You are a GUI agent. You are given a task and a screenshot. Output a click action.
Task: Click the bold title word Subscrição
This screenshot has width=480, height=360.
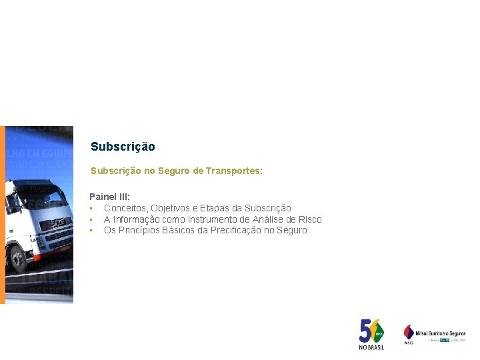pyautogui.click(x=123, y=147)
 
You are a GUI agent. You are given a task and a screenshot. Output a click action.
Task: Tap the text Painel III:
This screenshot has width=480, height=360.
pyautogui.click(x=110, y=197)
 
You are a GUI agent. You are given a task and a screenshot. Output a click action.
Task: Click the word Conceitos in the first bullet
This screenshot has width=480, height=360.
pyautogui.click(x=125, y=209)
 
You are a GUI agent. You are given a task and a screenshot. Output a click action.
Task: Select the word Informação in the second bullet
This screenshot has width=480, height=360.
pyautogui.click(x=136, y=219)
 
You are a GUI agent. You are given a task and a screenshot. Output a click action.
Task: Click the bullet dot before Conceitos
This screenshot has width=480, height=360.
pyautogui.click(x=91, y=209)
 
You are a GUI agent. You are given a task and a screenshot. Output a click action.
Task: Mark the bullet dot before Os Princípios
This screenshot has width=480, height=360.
pyautogui.click(x=91, y=230)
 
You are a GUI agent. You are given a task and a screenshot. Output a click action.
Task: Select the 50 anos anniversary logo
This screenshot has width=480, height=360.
pyautogui.click(x=371, y=331)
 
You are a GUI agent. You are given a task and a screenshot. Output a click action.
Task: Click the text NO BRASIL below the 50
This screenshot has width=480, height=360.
pyautogui.click(x=371, y=347)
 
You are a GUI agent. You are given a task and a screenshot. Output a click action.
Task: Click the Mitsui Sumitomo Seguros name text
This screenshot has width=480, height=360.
pyautogui.click(x=440, y=333)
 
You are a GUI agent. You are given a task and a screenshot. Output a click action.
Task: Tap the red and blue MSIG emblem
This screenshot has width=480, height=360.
pyautogui.click(x=409, y=331)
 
